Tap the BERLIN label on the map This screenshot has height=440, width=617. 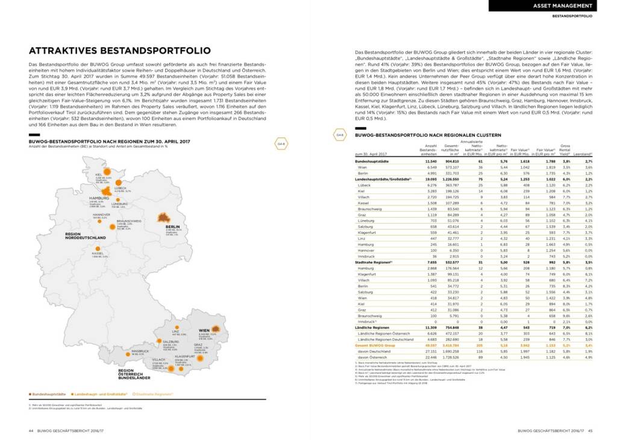165,227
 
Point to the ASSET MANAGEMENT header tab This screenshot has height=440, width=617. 566,6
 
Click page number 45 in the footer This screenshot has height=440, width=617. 590,430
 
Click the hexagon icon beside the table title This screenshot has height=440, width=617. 340,135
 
